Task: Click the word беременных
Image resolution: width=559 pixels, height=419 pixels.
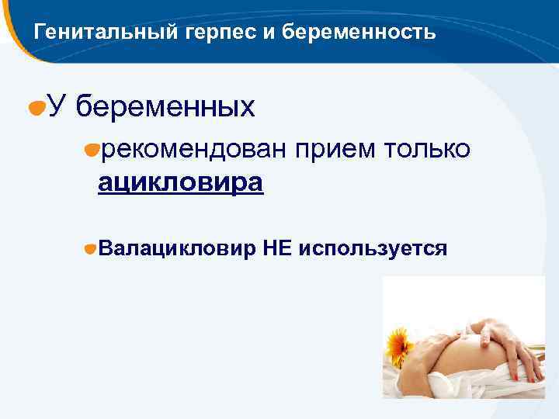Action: click(166, 107)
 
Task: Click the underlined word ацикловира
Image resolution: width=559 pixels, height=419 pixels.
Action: click(180, 182)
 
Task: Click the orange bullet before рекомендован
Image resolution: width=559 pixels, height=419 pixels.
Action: click(92, 151)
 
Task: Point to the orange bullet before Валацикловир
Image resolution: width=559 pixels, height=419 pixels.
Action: click(91, 250)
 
